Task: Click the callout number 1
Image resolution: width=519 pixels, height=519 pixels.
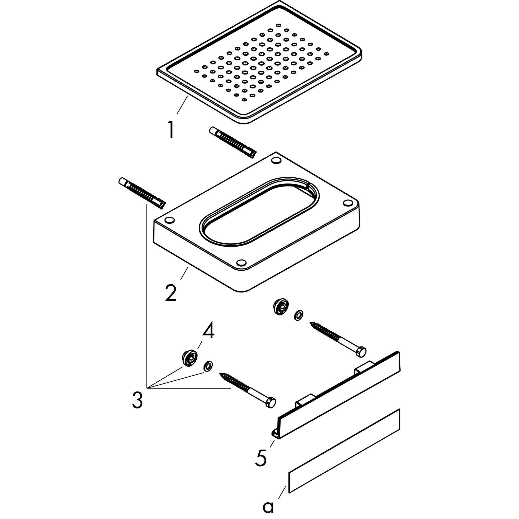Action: pyautogui.click(x=171, y=130)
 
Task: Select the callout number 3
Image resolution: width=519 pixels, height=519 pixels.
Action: pyautogui.click(x=137, y=400)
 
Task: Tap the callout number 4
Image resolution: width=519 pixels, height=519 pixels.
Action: pyautogui.click(x=209, y=330)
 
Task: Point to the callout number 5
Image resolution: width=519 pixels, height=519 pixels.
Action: pyautogui.click(x=261, y=457)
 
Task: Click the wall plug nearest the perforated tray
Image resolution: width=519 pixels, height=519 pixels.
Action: pyautogui.click(x=233, y=142)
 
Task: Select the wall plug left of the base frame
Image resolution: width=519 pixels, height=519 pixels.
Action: pyautogui.click(x=142, y=193)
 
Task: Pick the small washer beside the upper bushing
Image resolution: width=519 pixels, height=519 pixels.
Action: pyautogui.click(x=299, y=315)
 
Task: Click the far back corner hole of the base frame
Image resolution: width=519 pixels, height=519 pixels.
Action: pyautogui.click(x=276, y=161)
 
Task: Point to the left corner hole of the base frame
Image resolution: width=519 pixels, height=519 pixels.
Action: pyautogui.click(x=170, y=220)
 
